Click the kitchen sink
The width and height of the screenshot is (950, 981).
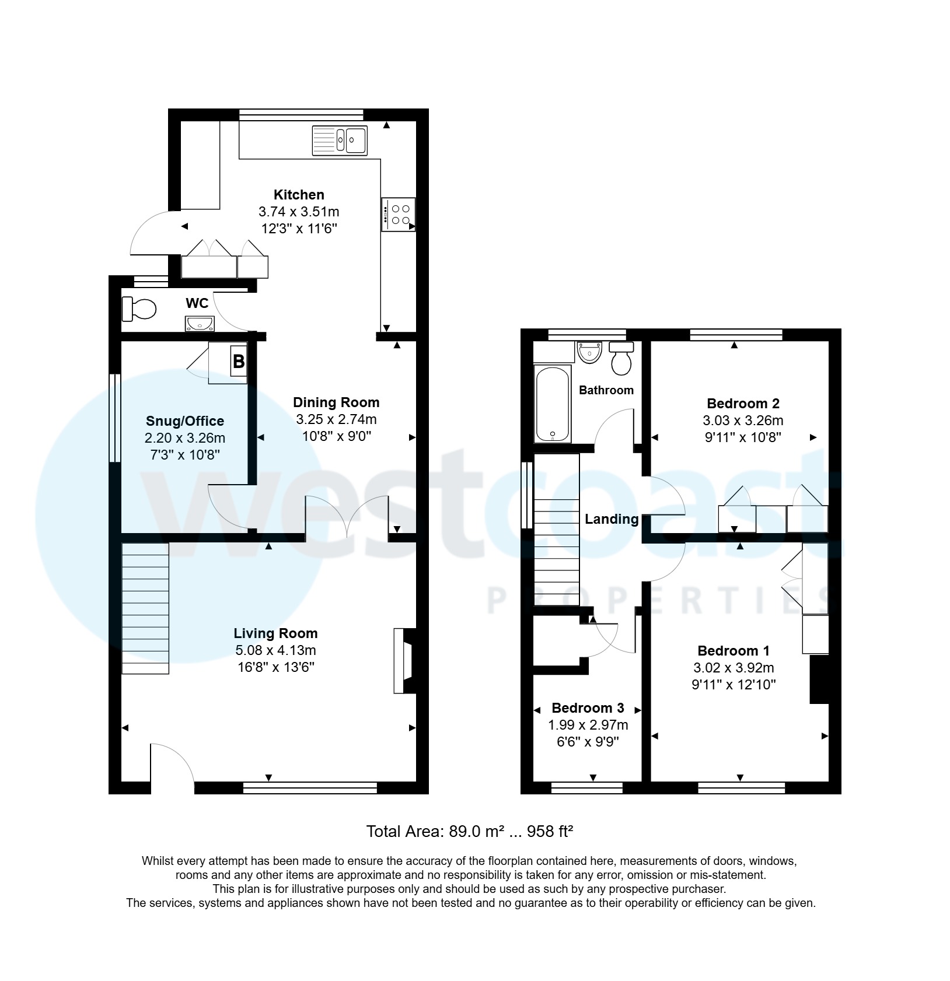(x=340, y=141)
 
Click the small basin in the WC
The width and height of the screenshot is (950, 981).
(x=200, y=323)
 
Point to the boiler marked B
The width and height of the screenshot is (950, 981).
(x=238, y=362)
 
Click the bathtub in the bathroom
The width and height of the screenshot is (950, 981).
(x=552, y=404)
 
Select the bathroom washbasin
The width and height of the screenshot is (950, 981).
(x=589, y=352)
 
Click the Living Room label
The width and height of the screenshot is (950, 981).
(x=275, y=633)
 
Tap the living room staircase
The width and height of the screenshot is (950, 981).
(x=145, y=608)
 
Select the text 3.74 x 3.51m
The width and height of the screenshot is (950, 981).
(x=298, y=212)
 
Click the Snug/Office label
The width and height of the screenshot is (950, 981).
(x=185, y=421)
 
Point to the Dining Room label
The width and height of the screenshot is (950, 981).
(x=336, y=402)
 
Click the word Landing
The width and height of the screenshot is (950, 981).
(x=612, y=519)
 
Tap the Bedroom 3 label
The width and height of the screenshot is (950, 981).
(x=588, y=708)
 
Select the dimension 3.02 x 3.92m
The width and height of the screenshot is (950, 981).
(x=734, y=668)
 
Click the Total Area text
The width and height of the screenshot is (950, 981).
(x=469, y=832)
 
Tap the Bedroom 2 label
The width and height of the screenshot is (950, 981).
(x=743, y=404)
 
